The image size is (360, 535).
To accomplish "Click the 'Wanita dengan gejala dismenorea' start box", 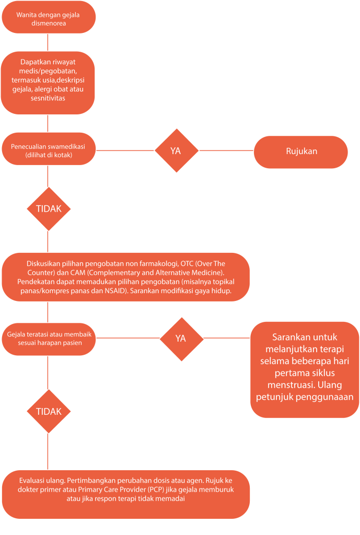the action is tap(49, 17).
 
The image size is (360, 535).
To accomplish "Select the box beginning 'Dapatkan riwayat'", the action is tap(48, 83).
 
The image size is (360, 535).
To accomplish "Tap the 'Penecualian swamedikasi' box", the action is tap(49, 149).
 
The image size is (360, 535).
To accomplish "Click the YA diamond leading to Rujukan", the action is tap(177, 150).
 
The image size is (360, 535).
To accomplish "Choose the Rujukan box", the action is tap(300, 152).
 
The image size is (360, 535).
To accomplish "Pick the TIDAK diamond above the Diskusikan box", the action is tap(49, 209).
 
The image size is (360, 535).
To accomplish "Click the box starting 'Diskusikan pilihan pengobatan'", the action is tap(126, 277).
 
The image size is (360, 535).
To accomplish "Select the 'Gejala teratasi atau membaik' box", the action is tap(49, 339).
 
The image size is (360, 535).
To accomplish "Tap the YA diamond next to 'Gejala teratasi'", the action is tap(181, 339).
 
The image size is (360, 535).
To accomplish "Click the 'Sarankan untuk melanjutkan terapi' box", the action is tap(305, 369).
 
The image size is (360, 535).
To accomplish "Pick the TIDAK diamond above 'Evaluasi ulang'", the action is tap(49, 412).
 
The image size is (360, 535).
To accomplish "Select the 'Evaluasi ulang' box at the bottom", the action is tap(126, 494).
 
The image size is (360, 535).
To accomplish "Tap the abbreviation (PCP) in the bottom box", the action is tap(156, 490).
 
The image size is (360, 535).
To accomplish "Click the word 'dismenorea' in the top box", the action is tap(49, 24).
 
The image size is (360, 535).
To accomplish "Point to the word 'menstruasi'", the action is tap(291, 385).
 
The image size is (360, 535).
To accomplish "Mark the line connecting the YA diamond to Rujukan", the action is tap(226, 150).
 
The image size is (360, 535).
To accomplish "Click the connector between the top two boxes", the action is tap(48, 42).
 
